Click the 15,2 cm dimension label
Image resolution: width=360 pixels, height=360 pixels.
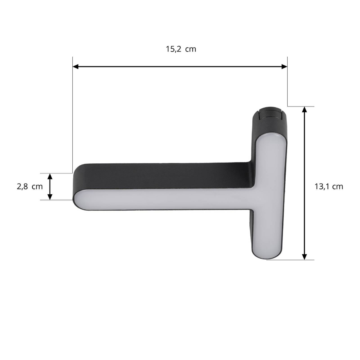point(181,49)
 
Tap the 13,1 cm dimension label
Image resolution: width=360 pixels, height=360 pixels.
point(329,187)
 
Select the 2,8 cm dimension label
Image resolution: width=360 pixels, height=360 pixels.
point(30,187)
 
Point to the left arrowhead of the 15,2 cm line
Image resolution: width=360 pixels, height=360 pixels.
point(75,67)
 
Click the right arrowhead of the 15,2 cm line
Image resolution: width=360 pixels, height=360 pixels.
point(285,67)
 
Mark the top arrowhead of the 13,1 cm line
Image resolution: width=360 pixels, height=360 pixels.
point(304,110)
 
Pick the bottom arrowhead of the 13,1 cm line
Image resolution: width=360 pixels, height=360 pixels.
point(304,257)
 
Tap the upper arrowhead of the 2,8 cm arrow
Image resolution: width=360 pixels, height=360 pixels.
point(50,177)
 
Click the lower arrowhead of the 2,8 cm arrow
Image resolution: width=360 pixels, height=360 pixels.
point(50,197)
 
